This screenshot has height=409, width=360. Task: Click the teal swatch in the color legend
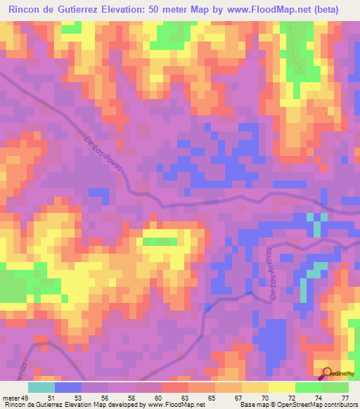click(41, 387)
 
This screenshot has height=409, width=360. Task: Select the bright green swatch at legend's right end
click(335, 387)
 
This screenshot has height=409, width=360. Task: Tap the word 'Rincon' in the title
click(27, 9)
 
